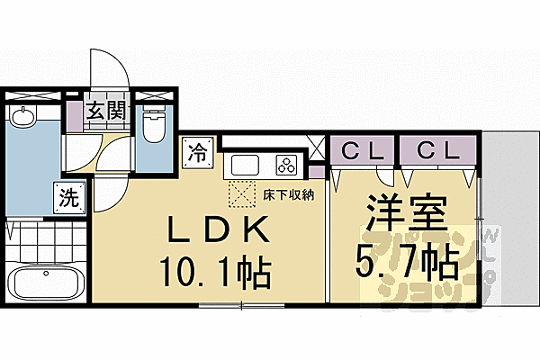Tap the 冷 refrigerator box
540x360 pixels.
(x=197, y=152)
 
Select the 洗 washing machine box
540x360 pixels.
(x=67, y=197)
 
